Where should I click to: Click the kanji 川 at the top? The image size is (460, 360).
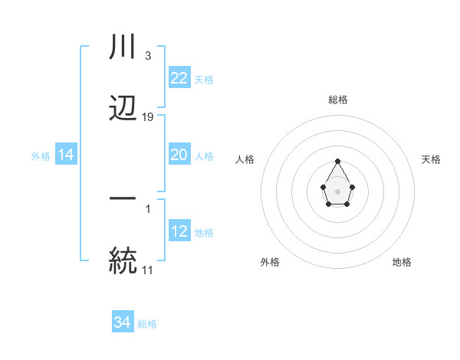pyautogui.click(x=123, y=47)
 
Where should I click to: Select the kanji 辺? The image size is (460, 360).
pyautogui.click(x=123, y=109)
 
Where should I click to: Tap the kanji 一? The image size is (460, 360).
pyautogui.click(x=123, y=198)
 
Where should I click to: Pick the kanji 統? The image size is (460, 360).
pyautogui.click(x=123, y=260)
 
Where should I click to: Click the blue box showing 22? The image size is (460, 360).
pyautogui.click(x=179, y=77)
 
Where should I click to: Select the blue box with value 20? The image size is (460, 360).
pyautogui.click(x=179, y=155)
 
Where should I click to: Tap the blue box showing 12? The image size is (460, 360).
pyautogui.click(x=179, y=231)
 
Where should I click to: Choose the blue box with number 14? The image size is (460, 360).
pyautogui.click(x=66, y=155)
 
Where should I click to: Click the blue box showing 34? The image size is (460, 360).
pyautogui.click(x=122, y=323)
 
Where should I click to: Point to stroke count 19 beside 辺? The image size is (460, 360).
pyautogui.click(x=148, y=117)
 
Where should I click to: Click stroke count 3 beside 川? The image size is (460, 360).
pyautogui.click(x=147, y=55)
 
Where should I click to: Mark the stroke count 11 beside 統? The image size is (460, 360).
pyautogui.click(x=147, y=270)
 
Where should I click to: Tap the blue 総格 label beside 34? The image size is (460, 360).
pyautogui.click(x=147, y=324)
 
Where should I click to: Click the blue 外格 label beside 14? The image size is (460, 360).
pyautogui.click(x=41, y=155)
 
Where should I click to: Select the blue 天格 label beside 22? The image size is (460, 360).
pyautogui.click(x=204, y=78)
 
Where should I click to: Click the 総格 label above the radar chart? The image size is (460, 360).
pyautogui.click(x=337, y=100)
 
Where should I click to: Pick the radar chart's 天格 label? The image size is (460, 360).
pyautogui.click(x=431, y=159)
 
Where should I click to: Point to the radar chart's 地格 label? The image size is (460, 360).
pyautogui.click(x=402, y=262)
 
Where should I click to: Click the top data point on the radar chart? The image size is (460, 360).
pyautogui.click(x=337, y=161)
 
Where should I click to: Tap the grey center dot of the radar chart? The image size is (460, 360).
pyautogui.click(x=337, y=190)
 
